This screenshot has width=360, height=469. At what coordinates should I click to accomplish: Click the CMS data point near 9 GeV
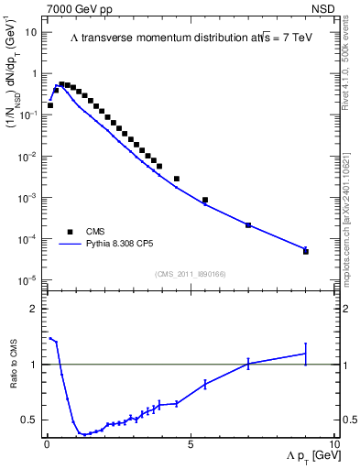306,251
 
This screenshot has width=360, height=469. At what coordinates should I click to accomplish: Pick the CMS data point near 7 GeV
248,224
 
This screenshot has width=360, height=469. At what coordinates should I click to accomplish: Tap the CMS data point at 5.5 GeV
205,200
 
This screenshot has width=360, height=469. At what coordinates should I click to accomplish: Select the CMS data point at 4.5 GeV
177,179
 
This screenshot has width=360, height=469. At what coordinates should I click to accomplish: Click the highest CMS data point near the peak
61,84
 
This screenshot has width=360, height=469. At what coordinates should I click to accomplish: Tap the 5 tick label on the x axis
191,442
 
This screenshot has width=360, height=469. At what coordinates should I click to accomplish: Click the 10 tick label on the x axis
333,442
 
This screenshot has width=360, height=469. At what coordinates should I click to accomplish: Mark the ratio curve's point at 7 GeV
248,364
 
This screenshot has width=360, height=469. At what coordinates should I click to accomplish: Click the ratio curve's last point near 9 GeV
306,354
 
